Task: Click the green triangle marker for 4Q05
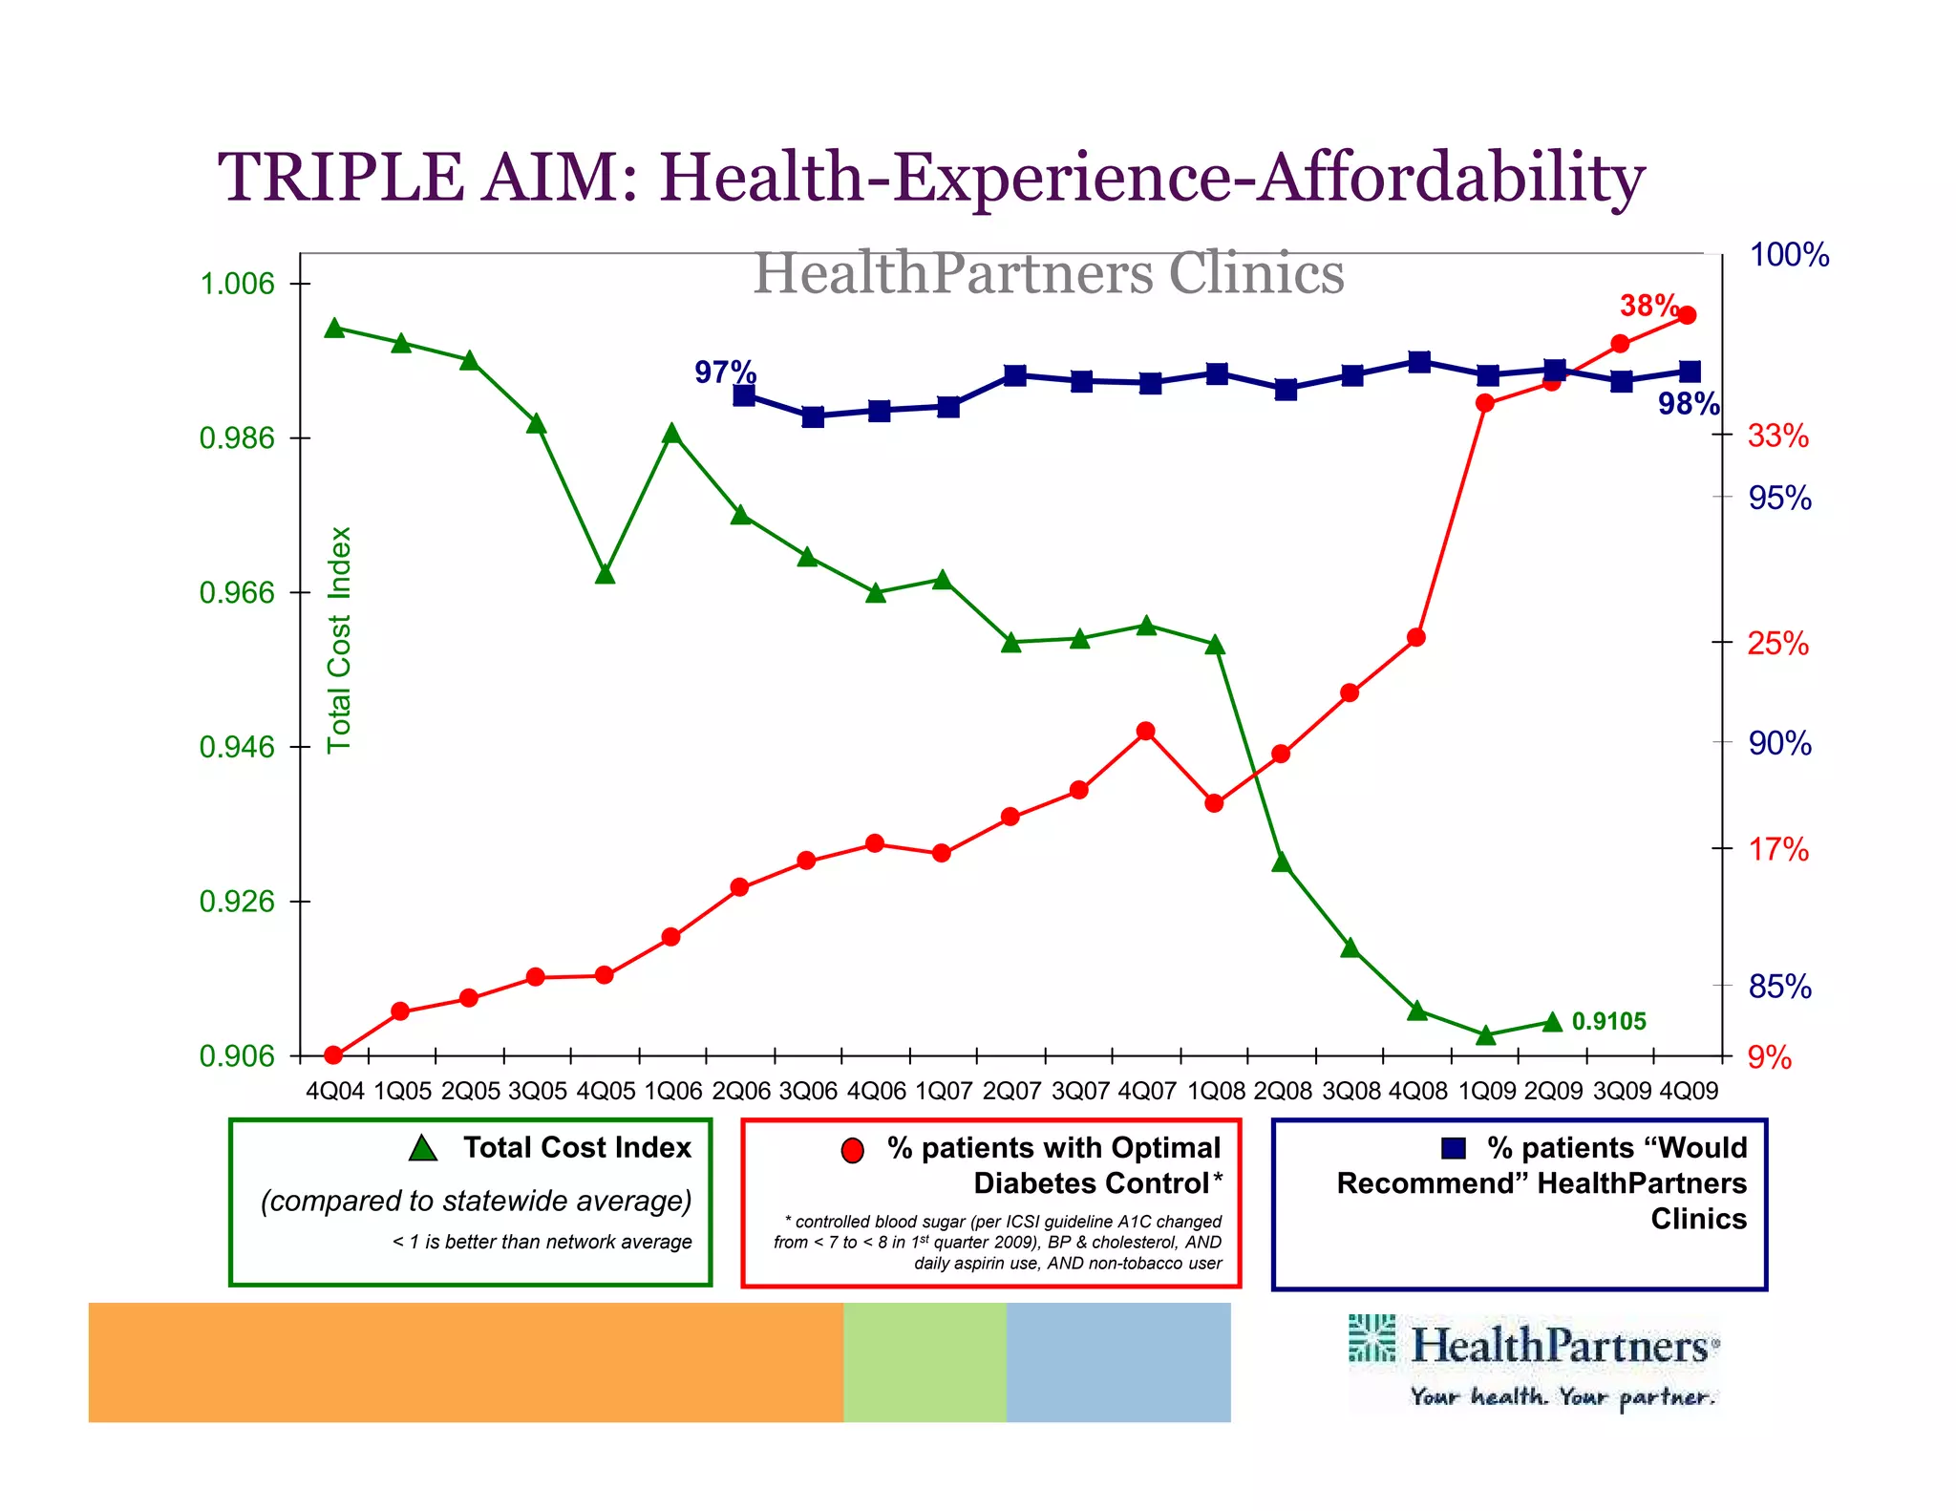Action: point(605,574)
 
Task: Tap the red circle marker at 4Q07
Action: point(1146,732)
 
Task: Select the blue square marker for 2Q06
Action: point(745,395)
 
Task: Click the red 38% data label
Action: point(1648,306)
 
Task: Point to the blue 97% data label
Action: point(725,372)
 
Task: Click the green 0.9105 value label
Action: point(1608,1021)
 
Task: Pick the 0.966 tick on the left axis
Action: point(236,593)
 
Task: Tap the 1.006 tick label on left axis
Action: point(236,284)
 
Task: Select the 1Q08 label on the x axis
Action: point(1216,1091)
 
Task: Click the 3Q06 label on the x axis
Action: point(808,1091)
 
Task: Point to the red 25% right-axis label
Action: point(1777,643)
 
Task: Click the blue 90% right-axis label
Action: point(1779,743)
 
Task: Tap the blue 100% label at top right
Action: point(1789,255)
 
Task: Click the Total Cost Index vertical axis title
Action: point(340,640)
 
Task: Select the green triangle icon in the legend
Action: point(422,1148)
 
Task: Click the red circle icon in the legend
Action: point(852,1151)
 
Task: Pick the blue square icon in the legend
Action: point(1453,1148)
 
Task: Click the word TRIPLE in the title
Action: point(341,178)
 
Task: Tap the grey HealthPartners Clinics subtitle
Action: point(1048,274)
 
